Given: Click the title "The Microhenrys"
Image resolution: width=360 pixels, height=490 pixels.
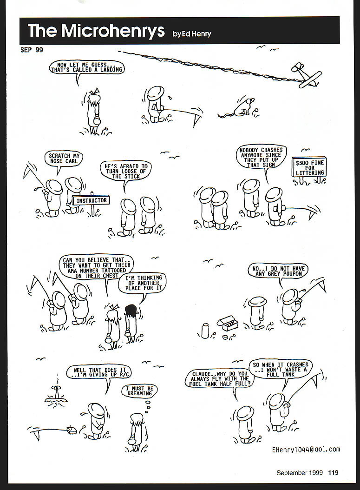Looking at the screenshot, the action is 96,31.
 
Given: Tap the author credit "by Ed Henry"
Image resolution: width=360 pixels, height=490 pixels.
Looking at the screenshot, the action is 192,34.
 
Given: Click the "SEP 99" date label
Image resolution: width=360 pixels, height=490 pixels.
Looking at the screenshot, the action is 32,50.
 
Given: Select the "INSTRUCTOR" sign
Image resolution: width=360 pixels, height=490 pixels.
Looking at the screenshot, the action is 91,200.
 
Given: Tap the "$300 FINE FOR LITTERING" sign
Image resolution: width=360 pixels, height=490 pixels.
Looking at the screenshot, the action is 309,167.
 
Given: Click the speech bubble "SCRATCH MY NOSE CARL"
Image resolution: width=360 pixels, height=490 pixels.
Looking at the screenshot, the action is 64,159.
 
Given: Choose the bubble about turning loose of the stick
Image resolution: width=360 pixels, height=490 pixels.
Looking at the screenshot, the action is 125,171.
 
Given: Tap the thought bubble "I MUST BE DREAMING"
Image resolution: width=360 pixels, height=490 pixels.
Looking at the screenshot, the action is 139,391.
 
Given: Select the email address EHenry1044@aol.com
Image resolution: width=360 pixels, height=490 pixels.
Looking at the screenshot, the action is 306,450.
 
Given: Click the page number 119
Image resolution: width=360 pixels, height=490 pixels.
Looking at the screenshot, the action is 333,472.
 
